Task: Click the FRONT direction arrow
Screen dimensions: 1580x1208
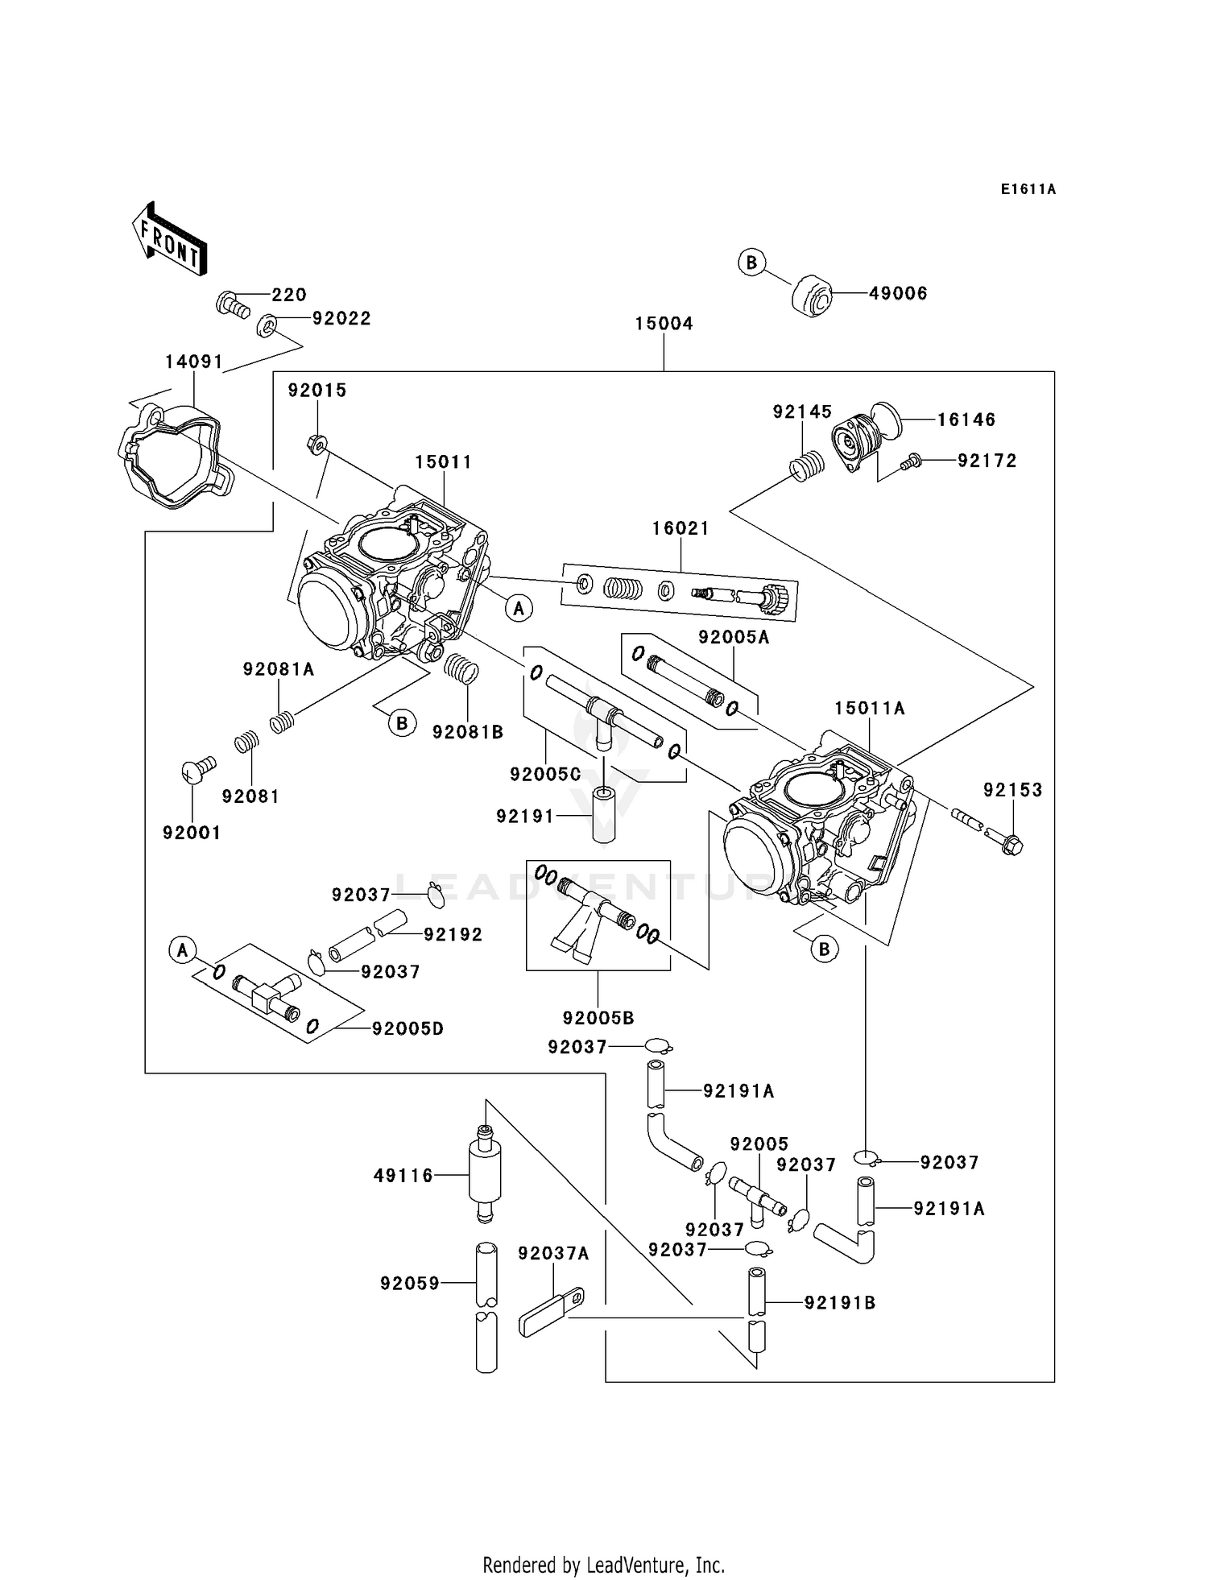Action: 170,240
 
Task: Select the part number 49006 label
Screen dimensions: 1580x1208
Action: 898,294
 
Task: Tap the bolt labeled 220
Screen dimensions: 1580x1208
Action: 232,305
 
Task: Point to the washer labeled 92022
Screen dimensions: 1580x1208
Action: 266,327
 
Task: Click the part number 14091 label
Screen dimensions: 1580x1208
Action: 193,362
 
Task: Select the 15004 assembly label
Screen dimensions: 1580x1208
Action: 664,324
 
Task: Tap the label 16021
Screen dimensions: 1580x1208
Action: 681,528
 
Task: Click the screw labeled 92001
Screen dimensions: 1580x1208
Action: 197,770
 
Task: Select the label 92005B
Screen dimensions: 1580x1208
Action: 598,1018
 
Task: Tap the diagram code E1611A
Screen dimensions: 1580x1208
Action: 1028,189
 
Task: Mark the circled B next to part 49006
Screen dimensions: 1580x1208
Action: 751,263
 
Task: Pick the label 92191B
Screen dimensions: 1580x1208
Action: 840,1302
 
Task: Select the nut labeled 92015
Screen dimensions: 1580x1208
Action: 316,443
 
